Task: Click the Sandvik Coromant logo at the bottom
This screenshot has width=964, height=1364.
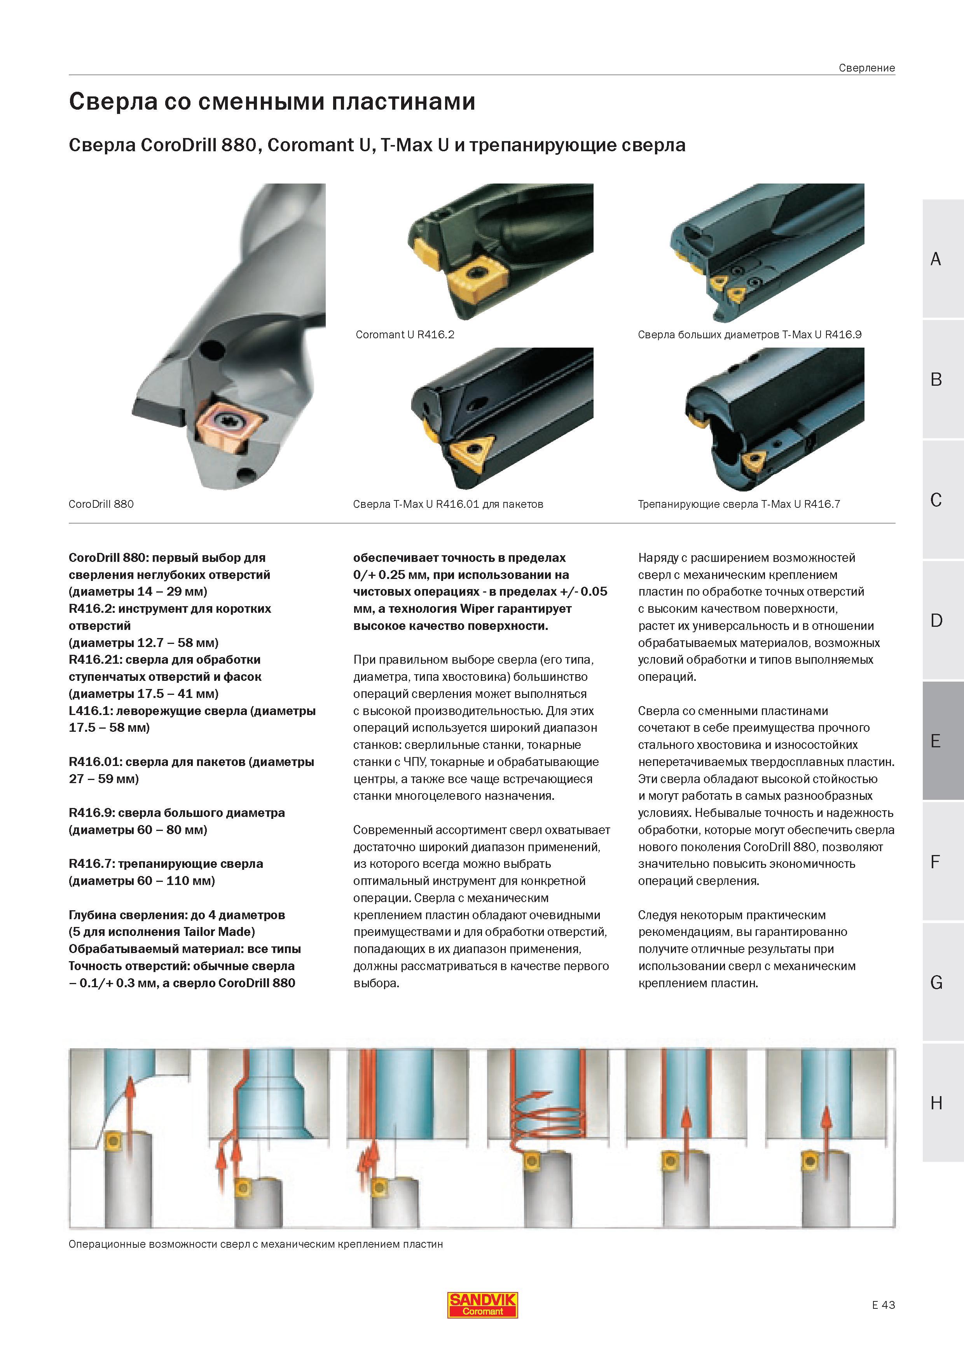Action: [482, 1305]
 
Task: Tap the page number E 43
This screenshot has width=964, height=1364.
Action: [883, 1305]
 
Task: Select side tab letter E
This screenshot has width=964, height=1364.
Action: [936, 741]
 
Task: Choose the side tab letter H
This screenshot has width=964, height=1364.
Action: [936, 1103]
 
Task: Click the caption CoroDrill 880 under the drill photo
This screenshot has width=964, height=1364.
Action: [101, 504]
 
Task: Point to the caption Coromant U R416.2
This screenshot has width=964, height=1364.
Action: [405, 334]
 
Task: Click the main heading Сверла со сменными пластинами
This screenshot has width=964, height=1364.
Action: [272, 101]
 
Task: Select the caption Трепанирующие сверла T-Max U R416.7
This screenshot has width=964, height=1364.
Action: [739, 504]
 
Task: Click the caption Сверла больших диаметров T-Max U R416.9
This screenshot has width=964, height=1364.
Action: [749, 334]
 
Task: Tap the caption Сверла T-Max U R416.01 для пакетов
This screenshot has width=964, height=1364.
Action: [448, 504]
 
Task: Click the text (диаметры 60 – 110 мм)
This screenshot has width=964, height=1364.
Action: [142, 881]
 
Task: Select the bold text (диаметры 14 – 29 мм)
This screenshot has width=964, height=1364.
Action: [138, 592]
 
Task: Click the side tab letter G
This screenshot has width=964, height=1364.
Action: [936, 983]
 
